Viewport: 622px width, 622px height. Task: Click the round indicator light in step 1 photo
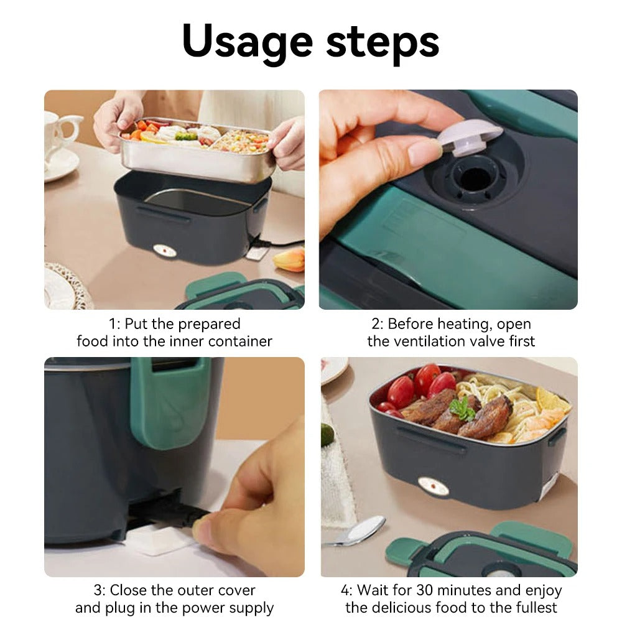(x=165, y=251)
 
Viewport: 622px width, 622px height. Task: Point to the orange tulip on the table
(x=290, y=259)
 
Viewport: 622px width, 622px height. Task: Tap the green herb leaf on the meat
(x=462, y=409)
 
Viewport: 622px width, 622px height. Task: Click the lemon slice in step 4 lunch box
(x=551, y=400)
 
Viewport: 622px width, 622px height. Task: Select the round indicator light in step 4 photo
(x=434, y=486)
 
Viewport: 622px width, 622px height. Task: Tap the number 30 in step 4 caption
(x=429, y=590)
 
